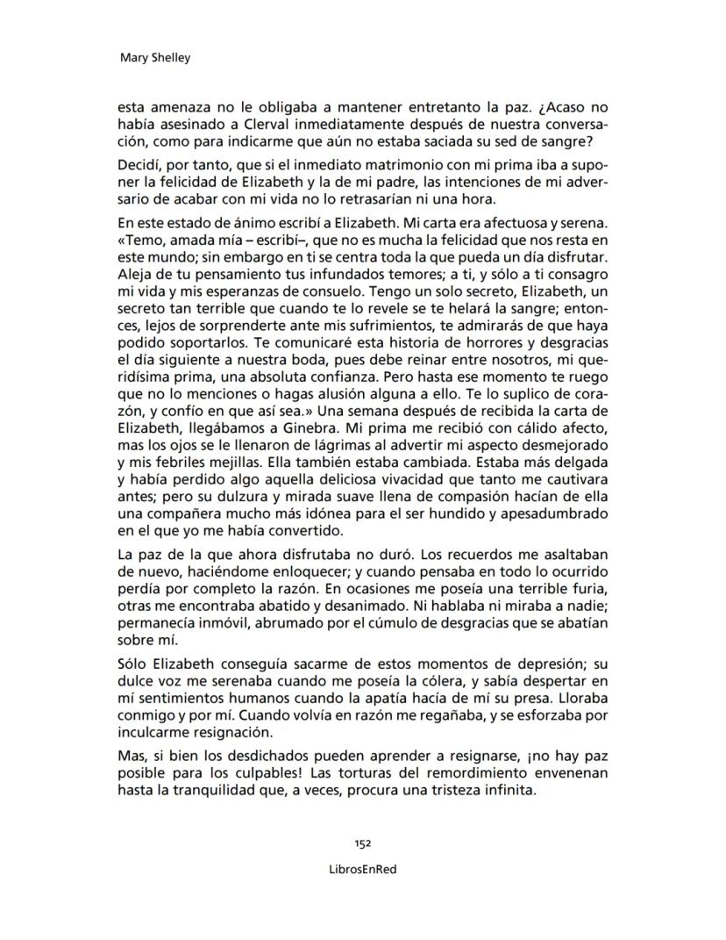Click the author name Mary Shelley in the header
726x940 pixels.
point(154,59)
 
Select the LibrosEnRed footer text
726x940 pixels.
point(363,867)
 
